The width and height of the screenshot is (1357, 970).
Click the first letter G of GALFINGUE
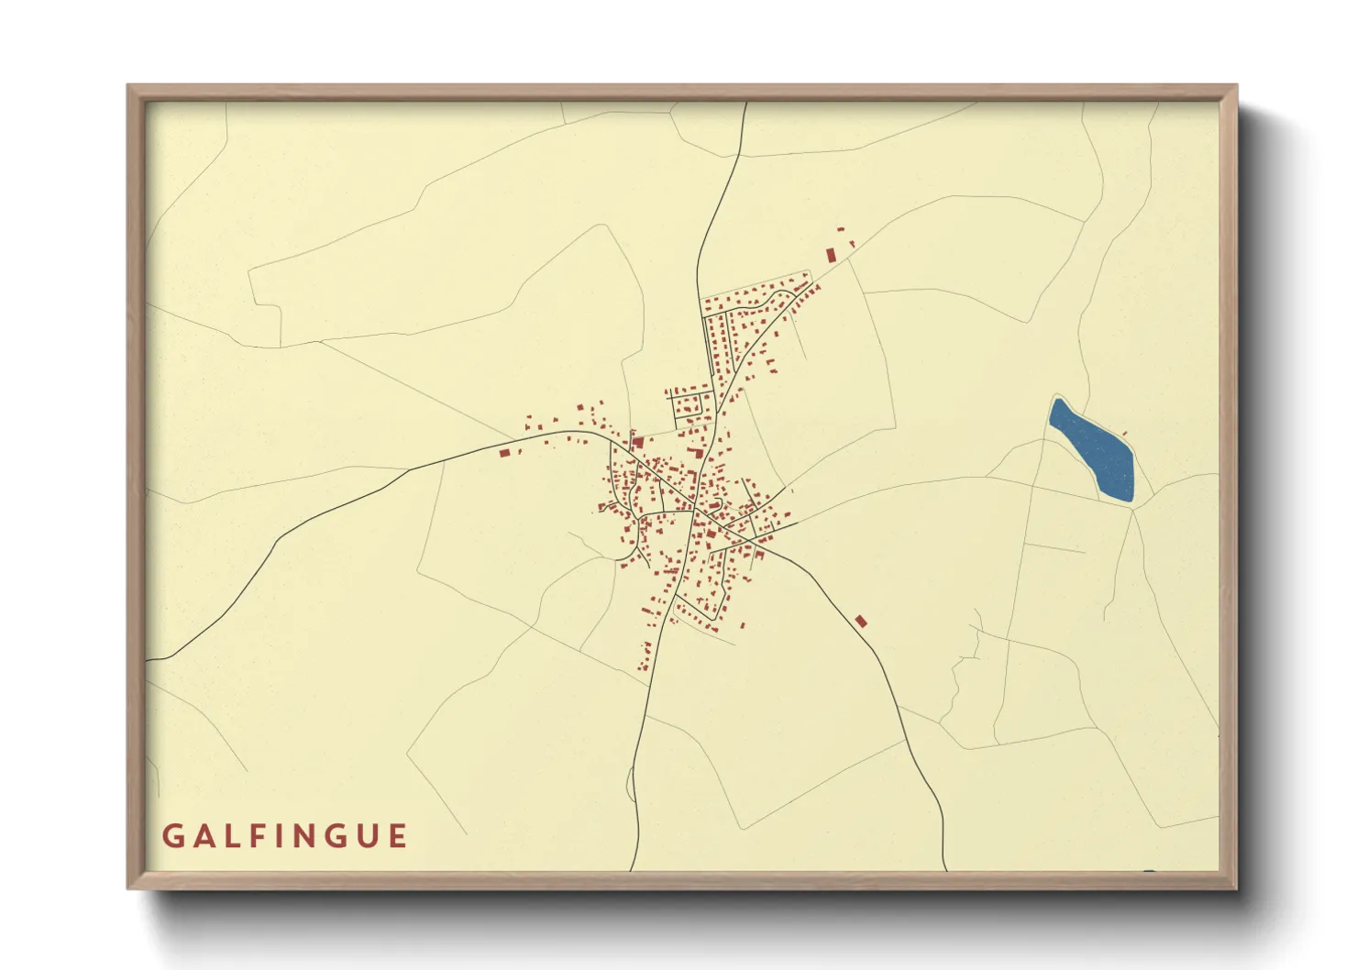click(x=171, y=836)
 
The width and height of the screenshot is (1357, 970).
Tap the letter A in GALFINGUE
click(x=202, y=836)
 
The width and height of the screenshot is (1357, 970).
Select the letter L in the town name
click(x=230, y=836)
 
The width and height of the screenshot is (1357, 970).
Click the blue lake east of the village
click(x=1093, y=449)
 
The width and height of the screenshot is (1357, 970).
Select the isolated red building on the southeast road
click(x=860, y=622)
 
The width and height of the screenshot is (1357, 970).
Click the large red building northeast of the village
click(x=832, y=255)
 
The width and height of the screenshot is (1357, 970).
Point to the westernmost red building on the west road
click(x=503, y=452)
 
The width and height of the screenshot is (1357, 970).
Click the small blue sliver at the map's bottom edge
click(x=1150, y=870)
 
